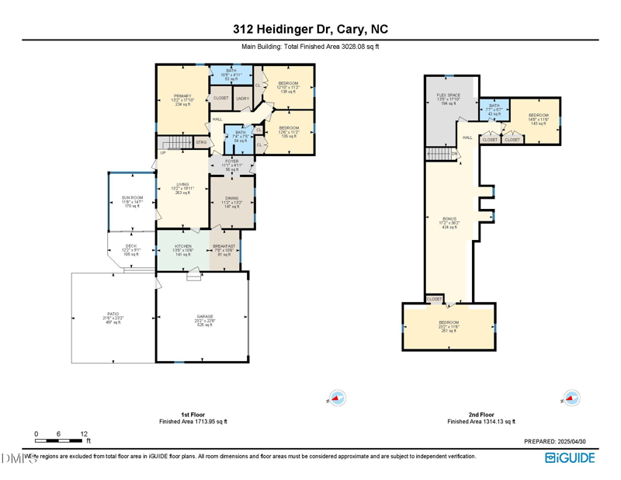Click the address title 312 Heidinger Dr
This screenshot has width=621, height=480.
click(x=310, y=30)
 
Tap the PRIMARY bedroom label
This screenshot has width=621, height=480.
click(x=182, y=98)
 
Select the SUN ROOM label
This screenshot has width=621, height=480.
click(x=130, y=197)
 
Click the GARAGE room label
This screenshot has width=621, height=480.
click(x=204, y=317)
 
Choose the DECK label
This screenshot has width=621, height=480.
click(x=130, y=246)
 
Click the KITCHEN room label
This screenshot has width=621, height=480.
click(x=182, y=246)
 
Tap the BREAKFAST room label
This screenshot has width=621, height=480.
click(x=224, y=246)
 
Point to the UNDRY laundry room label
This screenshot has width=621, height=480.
click(x=242, y=99)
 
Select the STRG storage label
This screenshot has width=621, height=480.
click(x=201, y=142)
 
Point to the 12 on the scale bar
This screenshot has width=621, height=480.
click(x=84, y=434)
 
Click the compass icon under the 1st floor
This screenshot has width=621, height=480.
click(x=336, y=398)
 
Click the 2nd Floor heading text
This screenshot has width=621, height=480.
click(x=481, y=415)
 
